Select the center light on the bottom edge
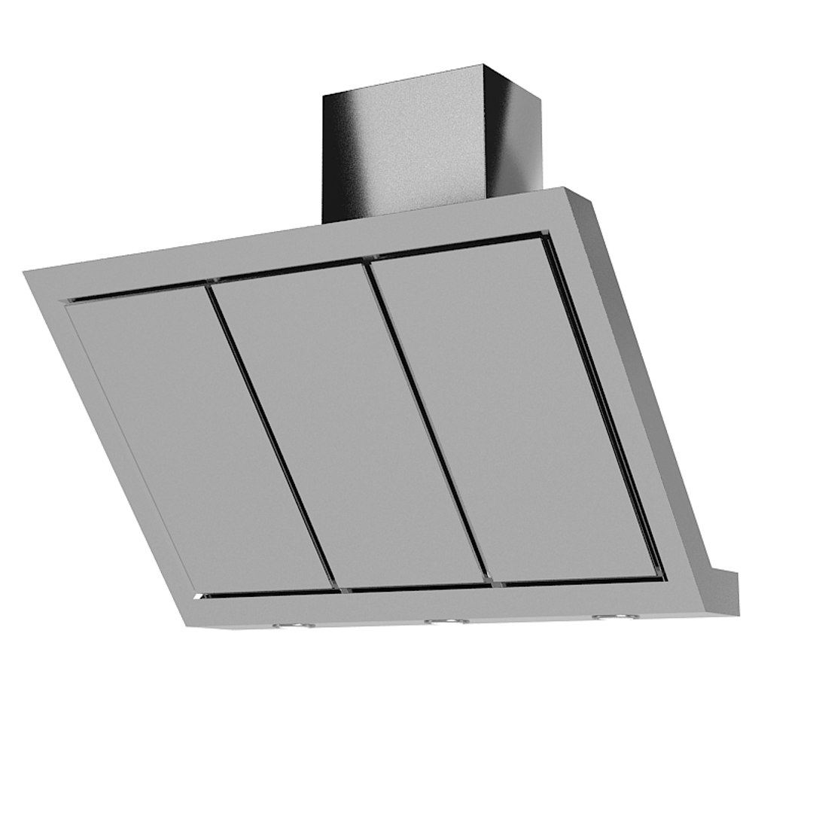tap(446, 621)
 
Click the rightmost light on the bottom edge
tap(614, 617)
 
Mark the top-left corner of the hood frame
tap(26, 273)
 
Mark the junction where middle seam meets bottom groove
tap(493, 583)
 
